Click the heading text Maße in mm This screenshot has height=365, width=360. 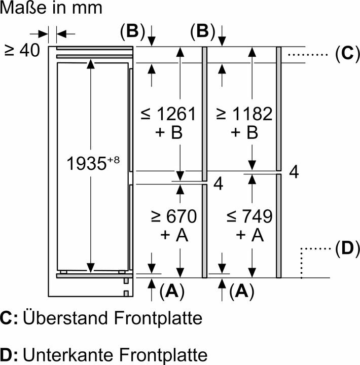(51, 8)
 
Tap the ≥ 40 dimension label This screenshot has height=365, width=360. (22, 51)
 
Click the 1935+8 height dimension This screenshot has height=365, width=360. (93, 163)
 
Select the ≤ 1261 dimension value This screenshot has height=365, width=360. (168, 114)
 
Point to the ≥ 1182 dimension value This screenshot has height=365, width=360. (244, 114)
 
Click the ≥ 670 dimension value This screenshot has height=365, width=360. (174, 216)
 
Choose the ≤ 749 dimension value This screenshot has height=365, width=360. (249, 216)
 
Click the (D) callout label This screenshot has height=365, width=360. (347, 248)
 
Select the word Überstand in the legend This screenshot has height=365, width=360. (65, 318)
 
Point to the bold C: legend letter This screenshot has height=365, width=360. (9, 318)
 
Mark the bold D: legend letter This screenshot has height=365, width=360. (9, 355)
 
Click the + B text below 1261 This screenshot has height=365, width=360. (169, 132)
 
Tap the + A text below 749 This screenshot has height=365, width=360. (249, 235)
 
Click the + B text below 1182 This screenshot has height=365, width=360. (244, 132)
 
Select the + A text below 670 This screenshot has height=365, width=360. (174, 235)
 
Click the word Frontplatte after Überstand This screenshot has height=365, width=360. (158, 318)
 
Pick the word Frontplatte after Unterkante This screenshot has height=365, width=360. (163, 355)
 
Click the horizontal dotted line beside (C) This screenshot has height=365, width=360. (308, 55)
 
